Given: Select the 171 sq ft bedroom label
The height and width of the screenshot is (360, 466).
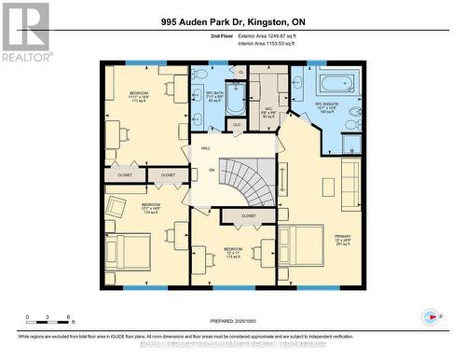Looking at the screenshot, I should [138, 96].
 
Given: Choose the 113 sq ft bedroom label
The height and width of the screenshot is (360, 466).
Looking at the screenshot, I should [232, 251].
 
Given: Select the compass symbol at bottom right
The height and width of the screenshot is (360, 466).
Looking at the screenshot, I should [431, 316].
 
